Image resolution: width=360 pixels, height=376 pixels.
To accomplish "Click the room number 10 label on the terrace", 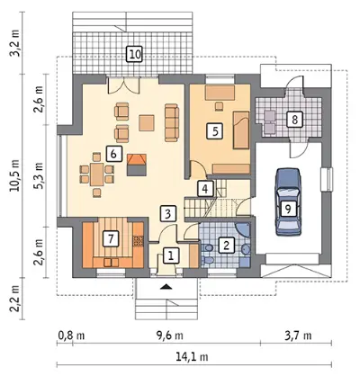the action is tap(133, 54).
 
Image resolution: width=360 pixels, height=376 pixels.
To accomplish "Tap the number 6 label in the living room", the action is tap(113, 154).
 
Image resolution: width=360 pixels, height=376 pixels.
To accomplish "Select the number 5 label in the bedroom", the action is tap(214, 131).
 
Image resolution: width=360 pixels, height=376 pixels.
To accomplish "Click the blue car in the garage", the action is tap(288, 201).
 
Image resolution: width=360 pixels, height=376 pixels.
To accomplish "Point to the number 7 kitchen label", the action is tap(110, 238).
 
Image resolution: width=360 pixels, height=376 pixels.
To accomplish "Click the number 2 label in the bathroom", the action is tap(226, 246).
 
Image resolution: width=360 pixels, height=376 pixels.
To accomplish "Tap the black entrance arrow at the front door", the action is tap(166, 287).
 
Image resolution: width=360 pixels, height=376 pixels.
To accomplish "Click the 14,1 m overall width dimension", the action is tap(192, 357).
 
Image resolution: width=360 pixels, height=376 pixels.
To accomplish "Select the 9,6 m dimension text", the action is tap(169, 336).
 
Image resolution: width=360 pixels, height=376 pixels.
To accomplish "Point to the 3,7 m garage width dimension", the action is tap(298, 336).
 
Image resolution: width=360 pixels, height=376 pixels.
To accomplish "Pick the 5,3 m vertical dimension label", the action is tap(39, 175).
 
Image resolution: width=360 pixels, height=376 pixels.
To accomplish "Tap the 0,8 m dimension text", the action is tap(71, 336).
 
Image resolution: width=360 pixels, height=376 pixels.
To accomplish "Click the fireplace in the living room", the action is tap(137, 165).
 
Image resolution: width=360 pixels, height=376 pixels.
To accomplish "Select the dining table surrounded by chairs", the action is tap(97, 174).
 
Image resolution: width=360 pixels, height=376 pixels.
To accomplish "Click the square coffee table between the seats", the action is tap(147, 123).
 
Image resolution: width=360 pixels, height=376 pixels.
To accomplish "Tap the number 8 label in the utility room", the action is tap(294, 120).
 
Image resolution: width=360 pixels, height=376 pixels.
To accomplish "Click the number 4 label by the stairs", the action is tap(205, 189).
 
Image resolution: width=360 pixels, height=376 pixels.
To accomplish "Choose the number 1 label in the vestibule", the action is tap(171, 255).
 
